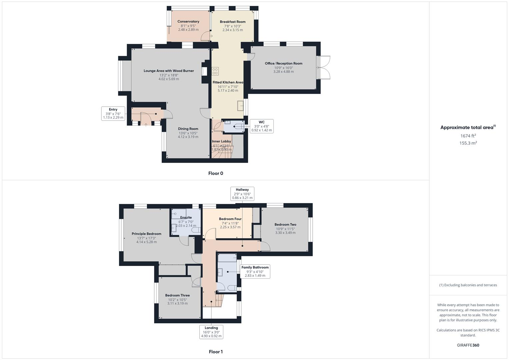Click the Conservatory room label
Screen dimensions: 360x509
point(188,22)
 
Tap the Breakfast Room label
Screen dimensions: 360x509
point(233,22)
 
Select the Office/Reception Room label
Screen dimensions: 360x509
point(284,63)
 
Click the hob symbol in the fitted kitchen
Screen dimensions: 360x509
point(215,71)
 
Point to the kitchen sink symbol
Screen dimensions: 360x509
point(240,106)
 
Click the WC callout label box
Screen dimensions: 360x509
point(261,126)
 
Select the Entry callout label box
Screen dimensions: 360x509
point(113,113)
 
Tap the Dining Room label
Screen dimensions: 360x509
point(188,129)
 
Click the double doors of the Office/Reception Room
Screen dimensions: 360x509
point(323,68)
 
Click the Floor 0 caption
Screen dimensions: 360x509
point(216,173)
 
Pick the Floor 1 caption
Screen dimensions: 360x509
point(216,352)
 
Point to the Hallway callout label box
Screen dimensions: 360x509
point(242,194)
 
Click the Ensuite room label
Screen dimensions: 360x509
point(186,218)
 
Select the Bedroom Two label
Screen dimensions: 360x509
point(285,225)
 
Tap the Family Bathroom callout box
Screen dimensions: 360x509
point(255,271)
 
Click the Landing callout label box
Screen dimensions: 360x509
point(211,332)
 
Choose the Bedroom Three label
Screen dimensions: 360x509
point(177,295)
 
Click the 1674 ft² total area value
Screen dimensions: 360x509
point(468,136)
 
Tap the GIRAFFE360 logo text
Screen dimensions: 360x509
point(468,345)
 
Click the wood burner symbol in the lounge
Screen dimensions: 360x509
point(203,71)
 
